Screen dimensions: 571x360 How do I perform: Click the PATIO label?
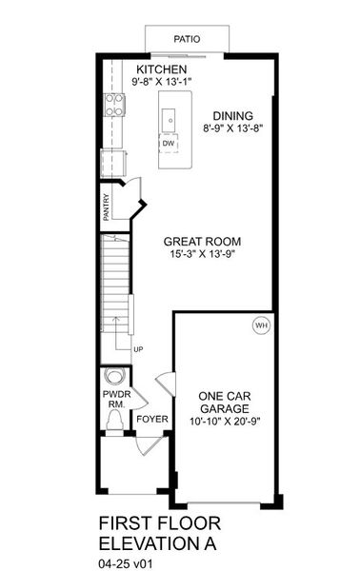coord(187,39)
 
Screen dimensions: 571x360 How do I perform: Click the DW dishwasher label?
coord(168,143)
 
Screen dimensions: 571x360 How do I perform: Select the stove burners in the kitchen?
coord(113,101)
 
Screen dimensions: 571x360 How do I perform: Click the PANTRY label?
coord(107,207)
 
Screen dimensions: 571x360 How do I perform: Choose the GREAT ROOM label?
coord(192,242)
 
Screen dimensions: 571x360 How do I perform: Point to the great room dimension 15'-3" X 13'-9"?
coord(192,255)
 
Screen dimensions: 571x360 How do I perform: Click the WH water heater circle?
coord(260,325)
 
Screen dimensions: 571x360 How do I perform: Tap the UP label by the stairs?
coord(138,349)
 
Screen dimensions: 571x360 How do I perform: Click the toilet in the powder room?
coord(114,377)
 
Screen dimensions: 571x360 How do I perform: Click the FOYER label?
coord(151,419)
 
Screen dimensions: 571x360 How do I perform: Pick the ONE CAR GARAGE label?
coord(225,402)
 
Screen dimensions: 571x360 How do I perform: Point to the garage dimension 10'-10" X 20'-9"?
coord(225,421)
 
